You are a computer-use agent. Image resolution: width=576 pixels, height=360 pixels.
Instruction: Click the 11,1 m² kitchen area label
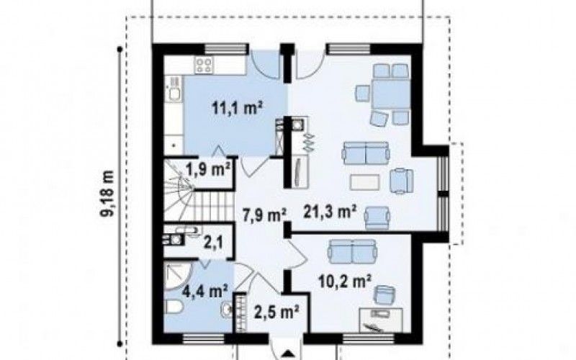tap(237, 109)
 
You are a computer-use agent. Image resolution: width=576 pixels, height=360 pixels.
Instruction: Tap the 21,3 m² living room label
tap(330, 212)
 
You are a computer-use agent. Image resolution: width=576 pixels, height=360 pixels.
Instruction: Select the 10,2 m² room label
tap(345, 282)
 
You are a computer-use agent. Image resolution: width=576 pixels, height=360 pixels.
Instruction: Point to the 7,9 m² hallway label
tap(264, 215)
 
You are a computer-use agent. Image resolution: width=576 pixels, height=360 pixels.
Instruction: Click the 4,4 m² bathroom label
tap(204, 292)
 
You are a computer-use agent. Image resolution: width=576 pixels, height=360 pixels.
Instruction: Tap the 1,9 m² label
tap(208, 170)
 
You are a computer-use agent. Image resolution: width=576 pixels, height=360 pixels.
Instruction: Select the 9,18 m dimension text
tap(109, 194)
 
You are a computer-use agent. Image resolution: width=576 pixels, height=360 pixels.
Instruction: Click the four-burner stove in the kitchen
tap(204, 66)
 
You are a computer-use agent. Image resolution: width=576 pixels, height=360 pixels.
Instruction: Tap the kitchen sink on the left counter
tap(174, 89)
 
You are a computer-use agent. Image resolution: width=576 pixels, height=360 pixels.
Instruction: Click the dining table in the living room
tap(390, 94)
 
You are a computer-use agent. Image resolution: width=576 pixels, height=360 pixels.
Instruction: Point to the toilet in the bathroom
tap(172, 307)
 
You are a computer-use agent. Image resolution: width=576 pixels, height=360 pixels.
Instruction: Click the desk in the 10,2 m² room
tap(381, 320)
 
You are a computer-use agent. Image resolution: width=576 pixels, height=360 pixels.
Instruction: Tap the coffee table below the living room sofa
tap(365, 182)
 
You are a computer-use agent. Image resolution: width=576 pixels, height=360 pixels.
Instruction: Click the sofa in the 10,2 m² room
tap(353, 251)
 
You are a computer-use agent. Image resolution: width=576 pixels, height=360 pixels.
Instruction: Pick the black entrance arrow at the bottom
tap(287, 354)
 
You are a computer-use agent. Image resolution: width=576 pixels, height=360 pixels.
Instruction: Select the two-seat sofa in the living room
tap(366, 153)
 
